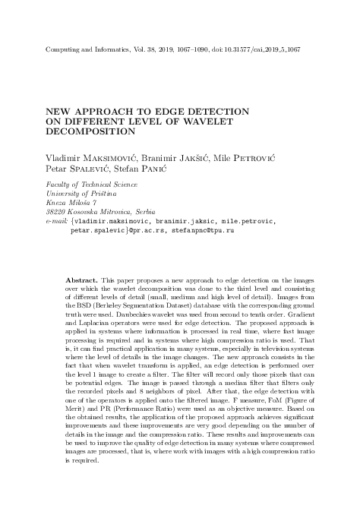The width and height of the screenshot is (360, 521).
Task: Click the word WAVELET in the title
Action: click(x=204, y=122)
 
